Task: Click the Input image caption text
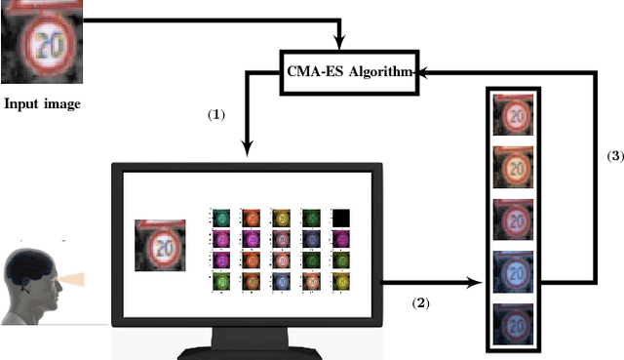pos(40,100)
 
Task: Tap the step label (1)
pos(215,114)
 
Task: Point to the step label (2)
pos(420,303)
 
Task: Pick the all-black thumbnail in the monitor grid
pos(340,218)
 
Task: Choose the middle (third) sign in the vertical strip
pos(513,220)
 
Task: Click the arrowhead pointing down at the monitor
pos(248,148)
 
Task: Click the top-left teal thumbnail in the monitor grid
pos(222,218)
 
